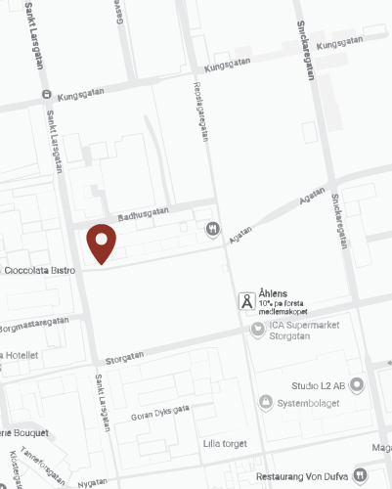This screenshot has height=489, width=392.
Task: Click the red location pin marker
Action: click(x=102, y=243)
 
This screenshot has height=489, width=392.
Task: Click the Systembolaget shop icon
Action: click(x=266, y=402)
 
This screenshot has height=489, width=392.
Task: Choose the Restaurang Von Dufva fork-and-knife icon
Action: click(x=361, y=475)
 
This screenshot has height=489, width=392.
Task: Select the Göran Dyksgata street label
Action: click(x=157, y=412)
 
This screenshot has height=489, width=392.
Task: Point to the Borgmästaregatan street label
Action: click(x=35, y=321)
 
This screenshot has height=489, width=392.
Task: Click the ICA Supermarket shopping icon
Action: click(x=258, y=328)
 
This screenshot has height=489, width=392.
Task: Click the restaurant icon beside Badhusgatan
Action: click(x=213, y=230)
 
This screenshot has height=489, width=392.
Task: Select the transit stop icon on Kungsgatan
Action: click(x=46, y=95)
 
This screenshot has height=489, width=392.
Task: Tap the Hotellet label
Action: click(x=21, y=355)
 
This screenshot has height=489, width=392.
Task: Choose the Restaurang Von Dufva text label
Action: click(x=302, y=475)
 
